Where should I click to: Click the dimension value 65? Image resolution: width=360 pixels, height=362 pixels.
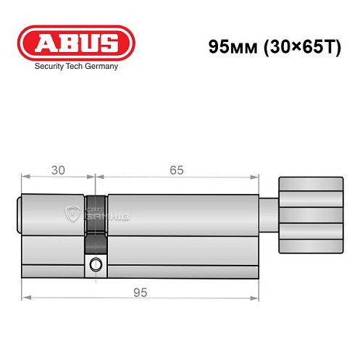coord(177,170)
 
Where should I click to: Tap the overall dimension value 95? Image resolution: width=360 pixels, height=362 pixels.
coord(141,292)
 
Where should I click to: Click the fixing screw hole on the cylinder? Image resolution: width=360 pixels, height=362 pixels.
coord(95,266)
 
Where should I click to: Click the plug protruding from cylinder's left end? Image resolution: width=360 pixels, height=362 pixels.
coord(19,214)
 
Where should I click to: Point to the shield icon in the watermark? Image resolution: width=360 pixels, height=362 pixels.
coord(72,213)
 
